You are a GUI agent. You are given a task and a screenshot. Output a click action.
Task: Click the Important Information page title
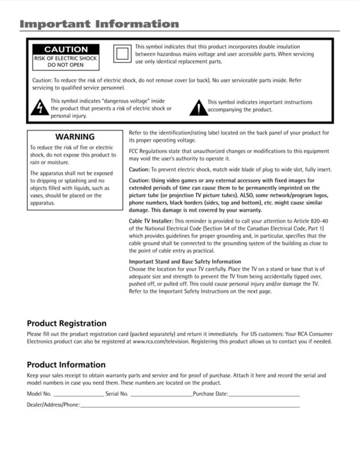click(99, 24)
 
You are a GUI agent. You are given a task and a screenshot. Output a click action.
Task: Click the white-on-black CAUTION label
click(66, 49)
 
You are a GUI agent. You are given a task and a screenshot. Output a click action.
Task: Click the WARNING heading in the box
click(75, 137)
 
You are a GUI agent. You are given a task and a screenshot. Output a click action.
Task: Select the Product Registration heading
click(67, 323)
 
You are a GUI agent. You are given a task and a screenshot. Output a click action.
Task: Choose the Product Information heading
click(66, 365)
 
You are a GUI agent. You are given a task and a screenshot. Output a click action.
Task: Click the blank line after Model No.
click(79, 395)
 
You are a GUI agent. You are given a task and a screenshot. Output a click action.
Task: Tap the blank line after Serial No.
click(161, 395)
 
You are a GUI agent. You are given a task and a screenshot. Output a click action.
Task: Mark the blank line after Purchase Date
click(264, 395)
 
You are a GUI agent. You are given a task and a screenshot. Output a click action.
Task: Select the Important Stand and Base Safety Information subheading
click(185, 262)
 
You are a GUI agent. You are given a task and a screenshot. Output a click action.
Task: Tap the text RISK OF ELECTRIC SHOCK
click(66, 58)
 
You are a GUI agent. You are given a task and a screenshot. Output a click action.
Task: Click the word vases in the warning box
click(37, 196)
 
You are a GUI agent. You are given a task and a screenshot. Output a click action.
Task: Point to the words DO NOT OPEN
click(66, 65)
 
